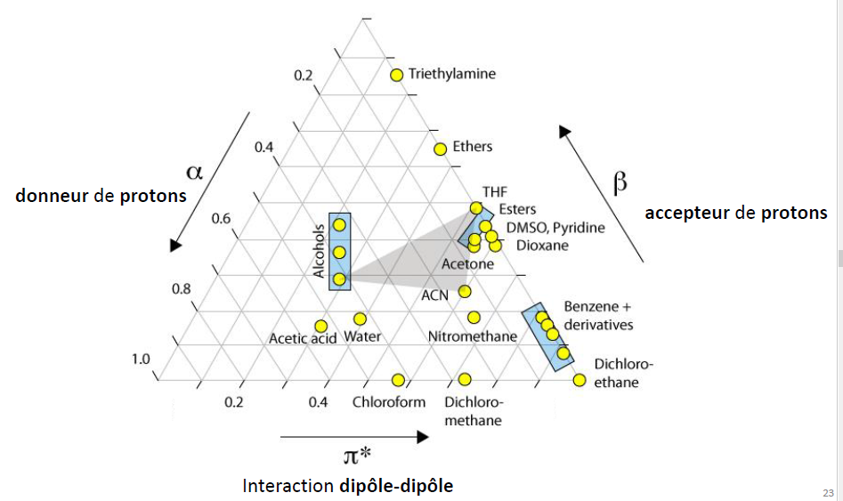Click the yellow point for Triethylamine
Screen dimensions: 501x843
click(x=397, y=75)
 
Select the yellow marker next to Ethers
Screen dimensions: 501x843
click(x=440, y=149)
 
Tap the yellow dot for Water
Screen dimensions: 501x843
click(x=361, y=319)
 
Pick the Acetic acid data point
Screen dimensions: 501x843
click(x=321, y=326)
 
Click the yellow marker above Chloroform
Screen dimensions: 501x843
click(x=398, y=380)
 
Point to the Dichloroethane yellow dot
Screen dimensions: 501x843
click(x=580, y=381)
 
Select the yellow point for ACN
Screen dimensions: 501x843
click(x=465, y=291)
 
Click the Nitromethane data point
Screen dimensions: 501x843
click(x=474, y=318)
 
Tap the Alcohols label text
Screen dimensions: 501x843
click(x=320, y=252)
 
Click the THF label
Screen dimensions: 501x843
click(x=494, y=191)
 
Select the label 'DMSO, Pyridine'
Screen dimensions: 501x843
click(x=555, y=228)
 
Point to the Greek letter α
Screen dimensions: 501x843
click(x=194, y=171)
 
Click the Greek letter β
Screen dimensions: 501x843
click(x=620, y=182)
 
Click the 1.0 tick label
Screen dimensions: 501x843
click(x=141, y=360)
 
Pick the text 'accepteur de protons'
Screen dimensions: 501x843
click(x=735, y=213)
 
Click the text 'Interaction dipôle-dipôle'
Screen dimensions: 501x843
click(x=347, y=486)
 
